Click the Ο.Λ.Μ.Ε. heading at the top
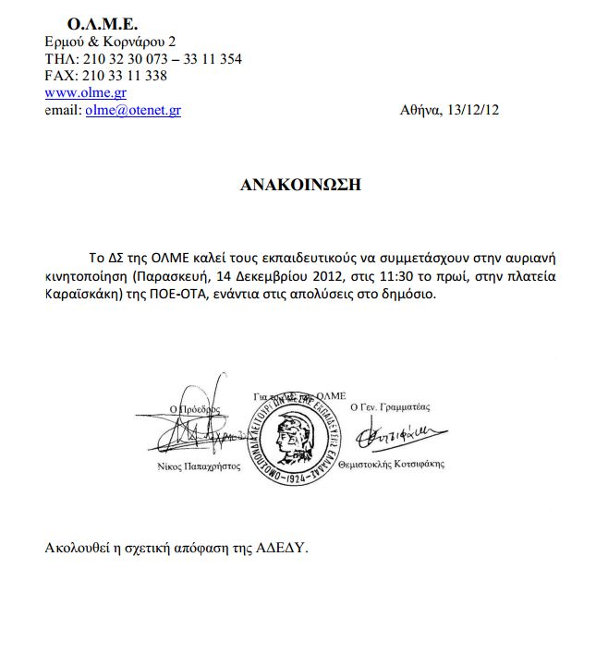[103, 22]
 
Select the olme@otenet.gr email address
[133, 109]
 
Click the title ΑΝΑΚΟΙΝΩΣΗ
[299, 185]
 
